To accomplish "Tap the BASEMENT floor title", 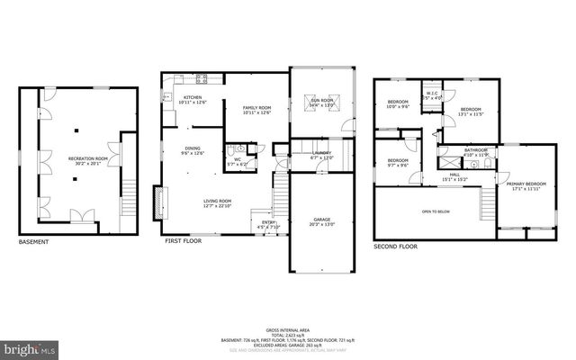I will pos(34,242).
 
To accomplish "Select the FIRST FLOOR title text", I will pos(181,242).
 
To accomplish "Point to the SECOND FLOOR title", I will pos(395,247).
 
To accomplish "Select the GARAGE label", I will pos(322,221).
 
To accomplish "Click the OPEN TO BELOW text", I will pos(436,211).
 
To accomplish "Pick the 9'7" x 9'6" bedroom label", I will pos(397,163).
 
